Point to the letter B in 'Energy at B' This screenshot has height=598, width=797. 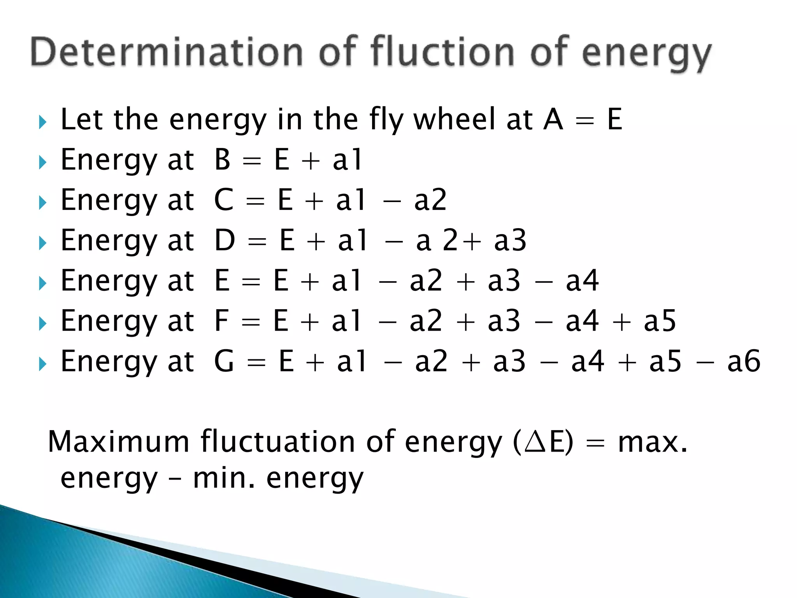(x=223, y=160)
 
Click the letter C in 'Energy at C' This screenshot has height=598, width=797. (x=224, y=200)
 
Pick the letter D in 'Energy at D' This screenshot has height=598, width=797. (x=225, y=240)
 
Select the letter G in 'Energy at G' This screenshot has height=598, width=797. (x=224, y=361)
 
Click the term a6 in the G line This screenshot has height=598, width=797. (x=744, y=362)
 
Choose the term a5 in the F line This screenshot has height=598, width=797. (x=660, y=321)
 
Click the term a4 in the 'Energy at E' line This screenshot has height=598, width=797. (x=582, y=281)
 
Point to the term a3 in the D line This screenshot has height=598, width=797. (x=510, y=241)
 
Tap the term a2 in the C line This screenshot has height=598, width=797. (x=430, y=200)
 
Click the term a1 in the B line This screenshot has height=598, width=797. (x=347, y=160)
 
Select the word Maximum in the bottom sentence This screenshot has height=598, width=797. (x=118, y=442)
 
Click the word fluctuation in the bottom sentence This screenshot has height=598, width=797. (x=277, y=442)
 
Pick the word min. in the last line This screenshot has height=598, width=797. (x=224, y=478)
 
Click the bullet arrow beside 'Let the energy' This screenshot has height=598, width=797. (x=43, y=122)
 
